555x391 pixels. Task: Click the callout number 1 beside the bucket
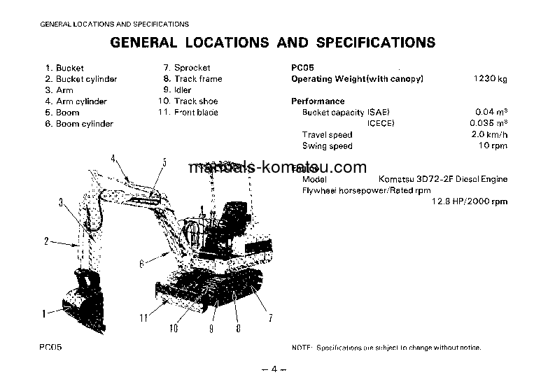click(x=43, y=314)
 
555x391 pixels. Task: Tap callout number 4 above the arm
click(x=112, y=159)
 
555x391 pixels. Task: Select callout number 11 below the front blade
click(x=143, y=318)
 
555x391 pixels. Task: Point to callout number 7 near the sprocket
click(x=270, y=319)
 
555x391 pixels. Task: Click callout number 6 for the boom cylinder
click(x=141, y=264)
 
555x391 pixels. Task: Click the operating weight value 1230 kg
click(x=491, y=79)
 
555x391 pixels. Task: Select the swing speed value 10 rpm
click(x=493, y=145)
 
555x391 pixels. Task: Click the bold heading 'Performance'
click(x=318, y=101)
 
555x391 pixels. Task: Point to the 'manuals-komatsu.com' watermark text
click(x=277, y=168)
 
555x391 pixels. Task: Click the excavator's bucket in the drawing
click(x=84, y=301)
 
